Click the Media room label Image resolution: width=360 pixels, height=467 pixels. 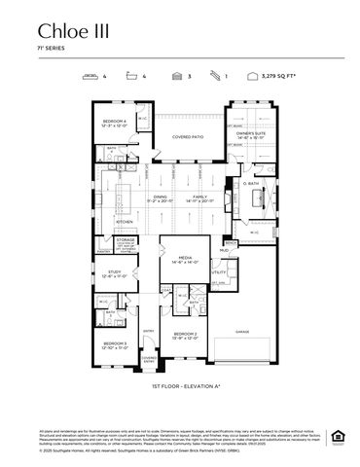(x=185, y=261)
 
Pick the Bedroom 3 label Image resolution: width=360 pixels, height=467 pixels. (x=116, y=344)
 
